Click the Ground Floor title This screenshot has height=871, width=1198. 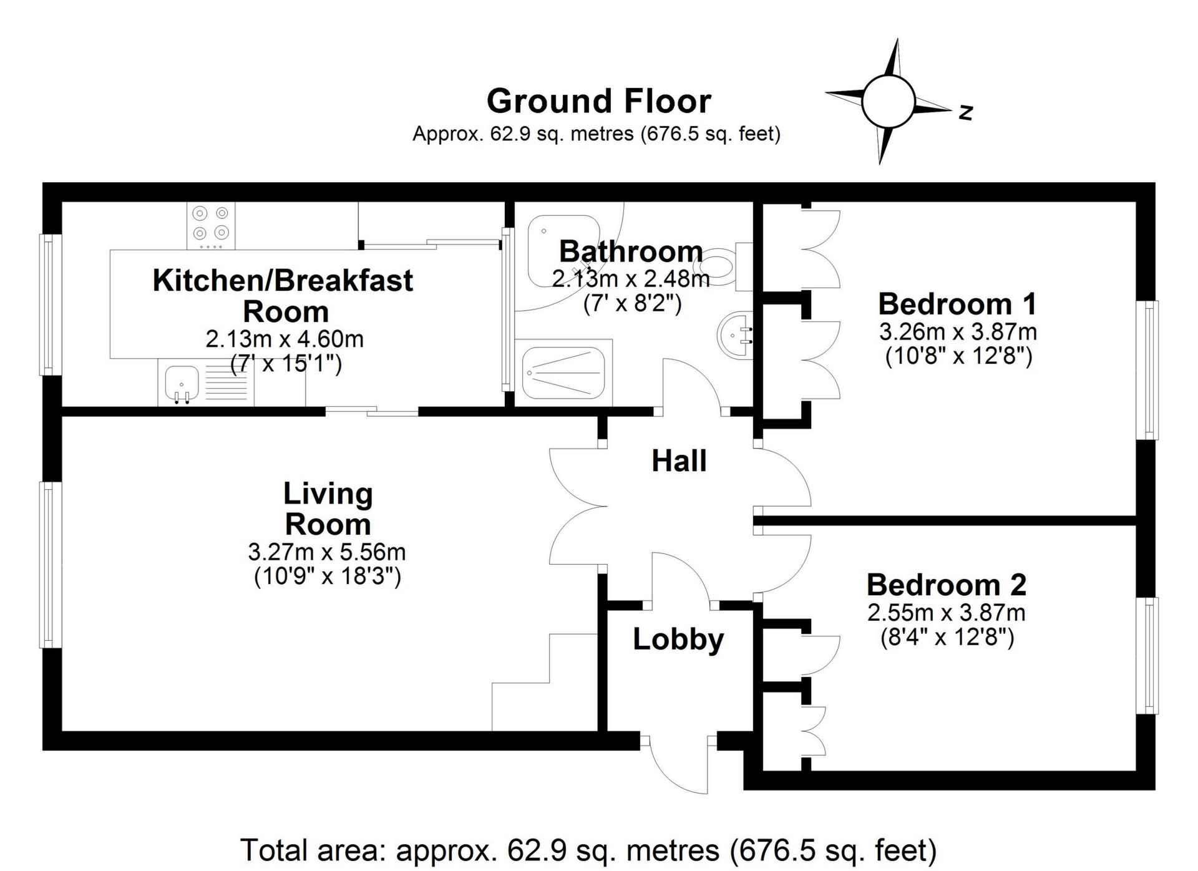(x=598, y=102)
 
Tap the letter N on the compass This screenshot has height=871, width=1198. (x=966, y=112)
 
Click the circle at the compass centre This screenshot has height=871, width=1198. (x=888, y=100)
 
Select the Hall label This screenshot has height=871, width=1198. (x=679, y=462)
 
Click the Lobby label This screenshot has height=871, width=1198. (x=678, y=640)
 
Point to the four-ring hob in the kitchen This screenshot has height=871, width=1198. (x=210, y=224)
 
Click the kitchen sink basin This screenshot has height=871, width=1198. (x=182, y=382)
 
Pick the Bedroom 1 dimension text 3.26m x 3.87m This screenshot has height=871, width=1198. (x=958, y=332)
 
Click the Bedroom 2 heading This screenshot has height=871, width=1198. (x=946, y=585)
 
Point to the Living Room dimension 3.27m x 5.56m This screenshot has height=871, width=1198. (x=327, y=552)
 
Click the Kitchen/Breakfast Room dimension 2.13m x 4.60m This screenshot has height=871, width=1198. (x=285, y=339)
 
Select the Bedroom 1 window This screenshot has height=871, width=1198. (x=1150, y=370)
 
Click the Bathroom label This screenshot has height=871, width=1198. (x=630, y=251)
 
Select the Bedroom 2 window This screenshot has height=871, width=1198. (x=1150, y=655)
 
